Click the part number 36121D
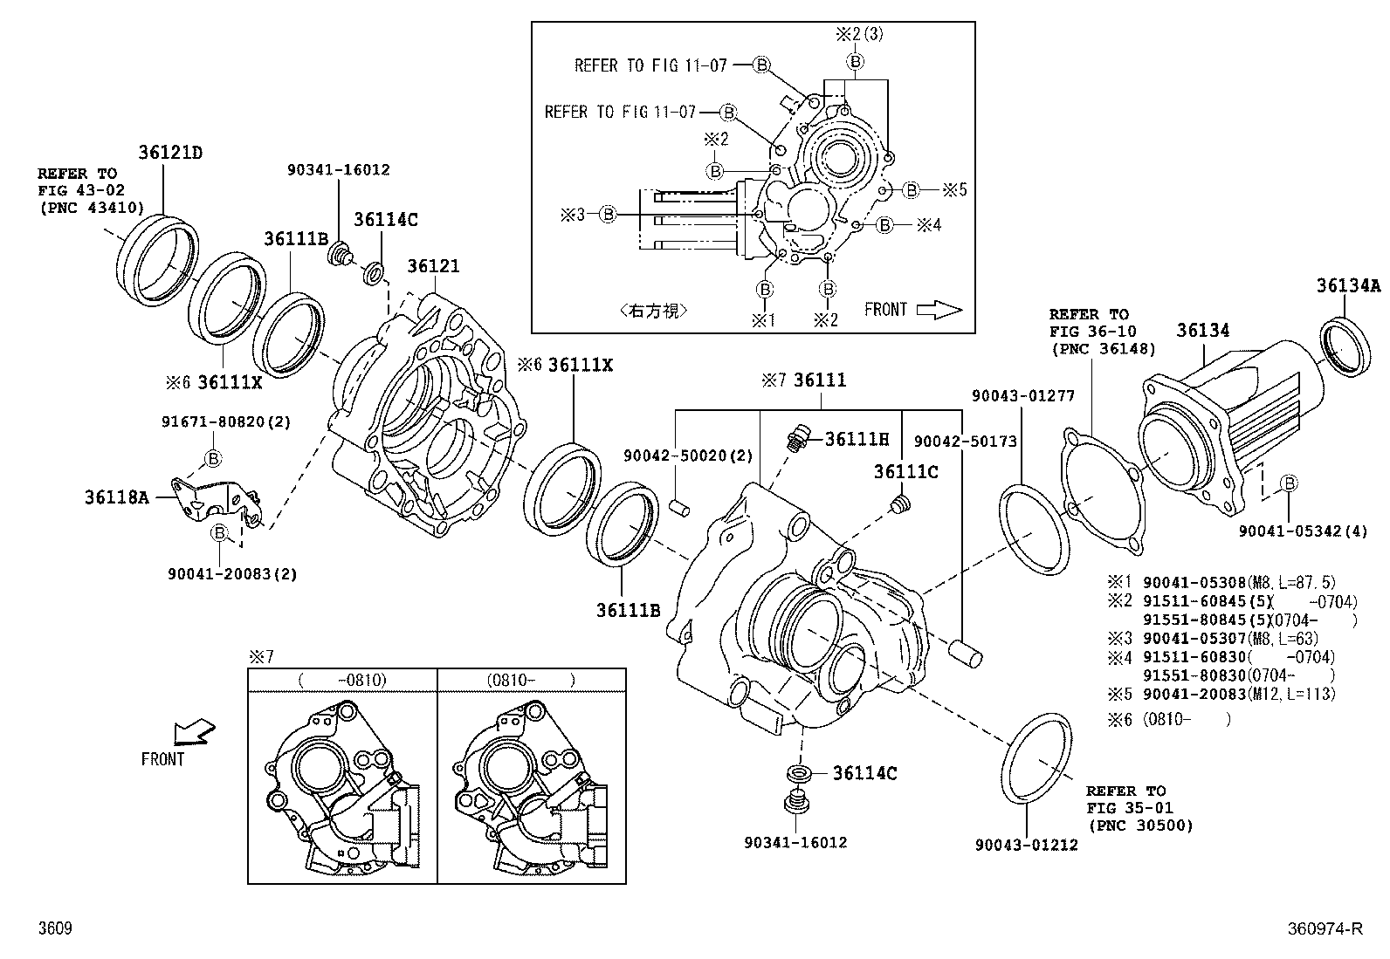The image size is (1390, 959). coord(169,153)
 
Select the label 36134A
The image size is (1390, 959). coord(1348,285)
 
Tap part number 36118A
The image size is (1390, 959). coord(116,497)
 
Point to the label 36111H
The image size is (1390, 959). coord(857,439)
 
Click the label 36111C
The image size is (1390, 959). coord(905,472)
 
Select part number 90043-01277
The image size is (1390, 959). coord(1022,396)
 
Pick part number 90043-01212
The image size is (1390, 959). coord(1026,844)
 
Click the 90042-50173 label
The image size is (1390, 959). coord(965,442)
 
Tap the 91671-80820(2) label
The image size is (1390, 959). coord(226,421)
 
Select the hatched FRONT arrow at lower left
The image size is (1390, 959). coord(193,731)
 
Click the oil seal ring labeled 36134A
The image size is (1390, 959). coord(1344,346)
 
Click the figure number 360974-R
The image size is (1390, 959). coord(1324,929)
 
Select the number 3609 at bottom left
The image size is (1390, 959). coord(54,929)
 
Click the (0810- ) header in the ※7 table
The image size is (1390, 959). coord(531,680)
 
